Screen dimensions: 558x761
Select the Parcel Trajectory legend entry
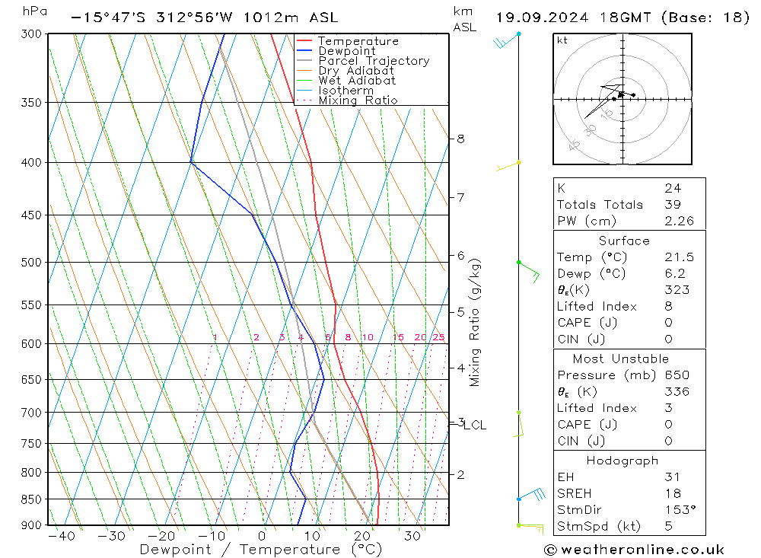[x=374, y=61]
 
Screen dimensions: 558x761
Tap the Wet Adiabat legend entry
[x=357, y=81]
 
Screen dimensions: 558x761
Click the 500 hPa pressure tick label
[x=32, y=263]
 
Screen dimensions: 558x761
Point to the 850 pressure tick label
[x=32, y=499]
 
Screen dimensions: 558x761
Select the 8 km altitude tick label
[x=461, y=139]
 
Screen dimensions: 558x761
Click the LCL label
[x=475, y=426]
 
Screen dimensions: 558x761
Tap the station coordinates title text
[x=194, y=18]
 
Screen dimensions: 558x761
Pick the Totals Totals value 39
[x=673, y=205]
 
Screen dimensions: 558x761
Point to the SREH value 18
[x=672, y=493]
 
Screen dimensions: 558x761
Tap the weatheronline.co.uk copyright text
[x=634, y=550]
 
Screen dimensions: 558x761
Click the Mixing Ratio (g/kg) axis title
[x=476, y=322]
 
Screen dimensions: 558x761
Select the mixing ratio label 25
[x=438, y=337]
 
